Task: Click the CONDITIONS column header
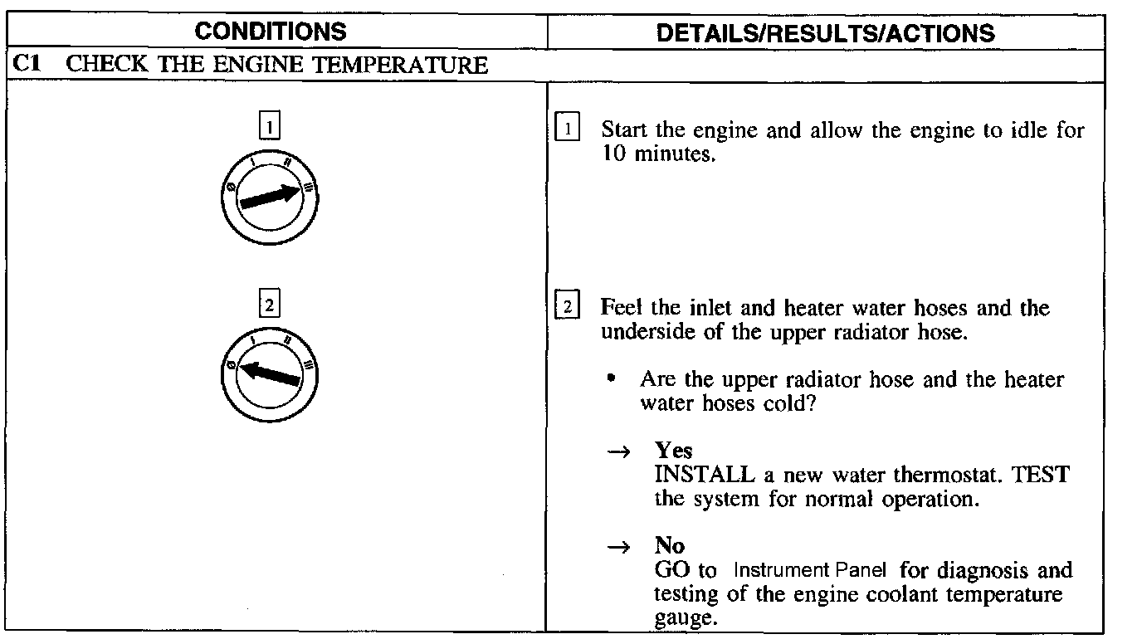coord(273,32)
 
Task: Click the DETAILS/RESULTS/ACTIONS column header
coord(825,33)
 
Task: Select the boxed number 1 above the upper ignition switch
coord(270,128)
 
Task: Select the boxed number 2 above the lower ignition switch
coord(270,305)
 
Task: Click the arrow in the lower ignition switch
coord(269,373)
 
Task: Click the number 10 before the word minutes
coord(614,155)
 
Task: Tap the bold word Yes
coord(673,451)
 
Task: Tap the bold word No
coord(669,545)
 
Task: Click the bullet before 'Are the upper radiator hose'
coord(612,378)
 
